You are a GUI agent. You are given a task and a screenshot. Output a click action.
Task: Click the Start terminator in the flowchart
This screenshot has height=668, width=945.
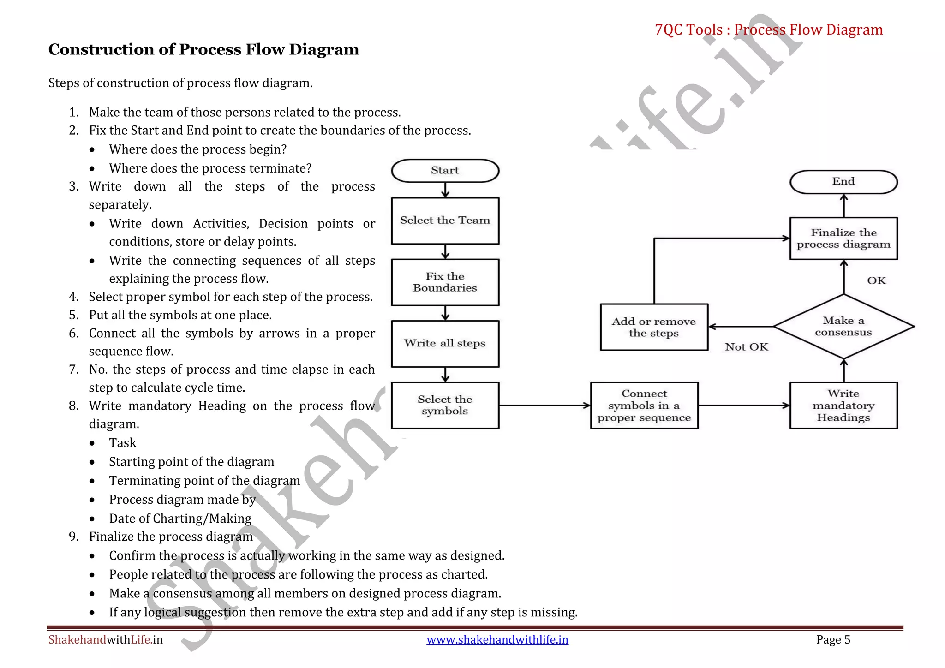(445, 171)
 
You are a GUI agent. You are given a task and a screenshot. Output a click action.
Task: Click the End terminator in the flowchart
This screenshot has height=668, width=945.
(843, 182)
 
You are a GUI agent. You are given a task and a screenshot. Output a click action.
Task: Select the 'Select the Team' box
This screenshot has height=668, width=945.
(445, 221)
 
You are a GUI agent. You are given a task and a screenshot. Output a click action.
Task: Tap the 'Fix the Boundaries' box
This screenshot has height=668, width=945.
(445, 282)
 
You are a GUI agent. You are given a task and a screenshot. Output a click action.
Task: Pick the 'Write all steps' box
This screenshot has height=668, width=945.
(445, 343)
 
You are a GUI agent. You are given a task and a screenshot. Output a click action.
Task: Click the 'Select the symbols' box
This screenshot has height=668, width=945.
(445, 405)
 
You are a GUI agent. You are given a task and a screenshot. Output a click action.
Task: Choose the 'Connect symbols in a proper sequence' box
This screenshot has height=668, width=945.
(644, 405)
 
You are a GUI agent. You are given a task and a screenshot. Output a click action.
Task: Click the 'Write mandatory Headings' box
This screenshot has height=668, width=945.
(843, 405)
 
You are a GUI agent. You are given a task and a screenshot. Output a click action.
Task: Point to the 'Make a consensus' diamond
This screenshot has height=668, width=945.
(843, 326)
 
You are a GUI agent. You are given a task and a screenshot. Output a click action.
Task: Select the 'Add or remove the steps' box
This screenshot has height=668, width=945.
(654, 327)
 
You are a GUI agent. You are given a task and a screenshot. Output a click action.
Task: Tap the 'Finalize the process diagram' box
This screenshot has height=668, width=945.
(843, 238)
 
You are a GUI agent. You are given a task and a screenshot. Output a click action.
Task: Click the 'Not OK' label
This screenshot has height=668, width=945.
(746, 347)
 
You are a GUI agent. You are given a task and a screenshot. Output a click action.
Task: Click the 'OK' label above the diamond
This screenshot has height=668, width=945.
(876, 280)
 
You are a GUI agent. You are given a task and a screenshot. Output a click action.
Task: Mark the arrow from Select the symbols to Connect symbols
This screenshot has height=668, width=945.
(544, 406)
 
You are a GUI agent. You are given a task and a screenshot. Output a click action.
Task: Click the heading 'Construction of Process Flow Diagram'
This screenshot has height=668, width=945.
(203, 49)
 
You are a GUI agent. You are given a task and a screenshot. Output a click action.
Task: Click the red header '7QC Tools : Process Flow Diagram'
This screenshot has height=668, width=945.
(768, 30)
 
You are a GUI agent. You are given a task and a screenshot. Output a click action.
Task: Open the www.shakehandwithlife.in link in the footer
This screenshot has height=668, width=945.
(497, 639)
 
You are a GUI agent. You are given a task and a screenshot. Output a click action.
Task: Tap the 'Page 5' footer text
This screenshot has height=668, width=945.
(833, 639)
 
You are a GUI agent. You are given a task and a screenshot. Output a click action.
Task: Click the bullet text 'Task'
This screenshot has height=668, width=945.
(123, 443)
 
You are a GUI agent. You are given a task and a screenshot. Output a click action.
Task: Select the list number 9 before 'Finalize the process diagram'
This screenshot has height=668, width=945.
(74, 537)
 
